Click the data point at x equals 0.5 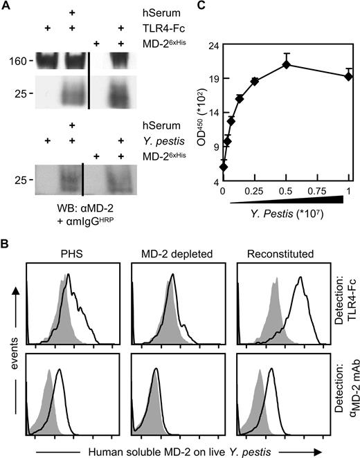tap(286, 65)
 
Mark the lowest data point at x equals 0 tap(223, 166)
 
